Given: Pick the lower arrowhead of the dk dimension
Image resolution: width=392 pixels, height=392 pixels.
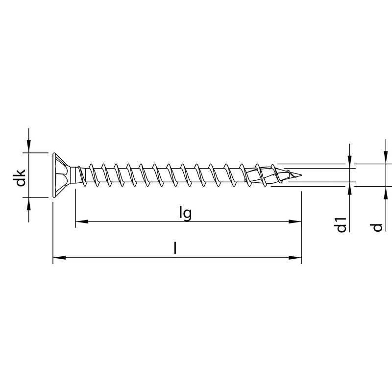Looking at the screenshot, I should click(x=29, y=203).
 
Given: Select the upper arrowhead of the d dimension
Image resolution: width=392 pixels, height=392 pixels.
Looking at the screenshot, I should click(x=386, y=158).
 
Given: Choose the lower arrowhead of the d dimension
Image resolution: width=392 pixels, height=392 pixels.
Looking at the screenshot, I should click(x=386, y=192).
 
